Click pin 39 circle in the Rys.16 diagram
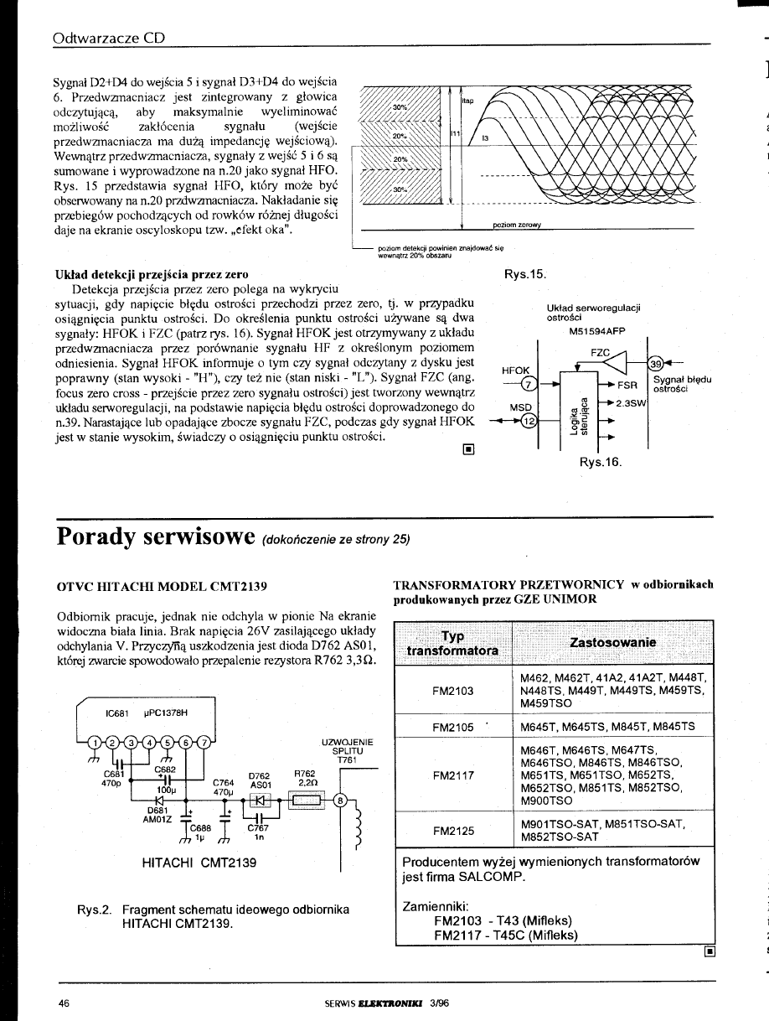click(657, 363)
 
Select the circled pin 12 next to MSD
click(528, 422)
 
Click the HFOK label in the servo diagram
click(516, 370)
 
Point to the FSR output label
click(627, 385)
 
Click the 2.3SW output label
click(629, 403)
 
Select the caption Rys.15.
click(524, 273)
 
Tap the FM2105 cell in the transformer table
click(452, 727)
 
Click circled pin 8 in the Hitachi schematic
click(340, 800)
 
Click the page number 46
click(64, 1001)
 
